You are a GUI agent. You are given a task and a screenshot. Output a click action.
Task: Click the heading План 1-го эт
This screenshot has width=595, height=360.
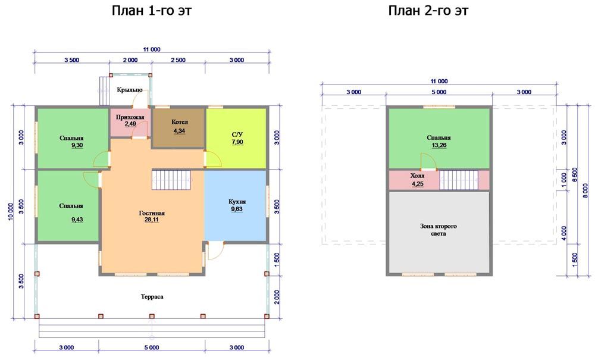point(151,10)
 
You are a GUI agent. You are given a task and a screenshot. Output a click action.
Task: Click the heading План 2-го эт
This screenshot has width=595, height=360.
point(428,10)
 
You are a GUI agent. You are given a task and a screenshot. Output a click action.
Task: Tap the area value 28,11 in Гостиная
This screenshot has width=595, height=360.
point(152,220)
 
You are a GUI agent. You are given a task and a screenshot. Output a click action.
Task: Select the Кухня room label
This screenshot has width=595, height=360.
point(237,202)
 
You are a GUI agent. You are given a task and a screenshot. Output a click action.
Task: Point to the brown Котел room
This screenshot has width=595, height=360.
point(178,128)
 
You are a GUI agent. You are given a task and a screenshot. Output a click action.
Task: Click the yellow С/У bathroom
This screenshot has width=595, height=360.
point(236,137)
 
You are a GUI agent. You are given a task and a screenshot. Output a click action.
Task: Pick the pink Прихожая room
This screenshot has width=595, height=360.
point(130,123)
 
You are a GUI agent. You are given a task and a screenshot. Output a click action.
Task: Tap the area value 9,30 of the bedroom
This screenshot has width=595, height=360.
point(77,145)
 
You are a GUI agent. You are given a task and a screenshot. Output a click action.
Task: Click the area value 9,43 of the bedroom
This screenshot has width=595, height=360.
point(77,220)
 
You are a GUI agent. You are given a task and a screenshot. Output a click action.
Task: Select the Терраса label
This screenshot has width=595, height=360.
point(152,297)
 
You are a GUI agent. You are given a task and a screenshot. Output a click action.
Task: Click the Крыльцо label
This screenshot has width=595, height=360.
point(130,90)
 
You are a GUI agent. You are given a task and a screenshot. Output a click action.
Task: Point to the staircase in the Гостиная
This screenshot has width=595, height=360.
point(171,180)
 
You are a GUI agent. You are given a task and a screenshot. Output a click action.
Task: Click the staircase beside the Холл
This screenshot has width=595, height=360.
point(459,180)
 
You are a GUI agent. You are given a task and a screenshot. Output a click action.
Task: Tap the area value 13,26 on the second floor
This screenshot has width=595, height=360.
point(439,145)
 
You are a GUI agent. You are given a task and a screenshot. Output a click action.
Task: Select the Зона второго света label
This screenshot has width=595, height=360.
point(439,230)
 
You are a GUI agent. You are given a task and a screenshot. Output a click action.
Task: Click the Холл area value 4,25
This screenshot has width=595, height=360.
point(418,184)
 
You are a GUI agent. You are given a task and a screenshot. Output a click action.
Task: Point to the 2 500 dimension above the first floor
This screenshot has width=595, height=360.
point(178,60)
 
